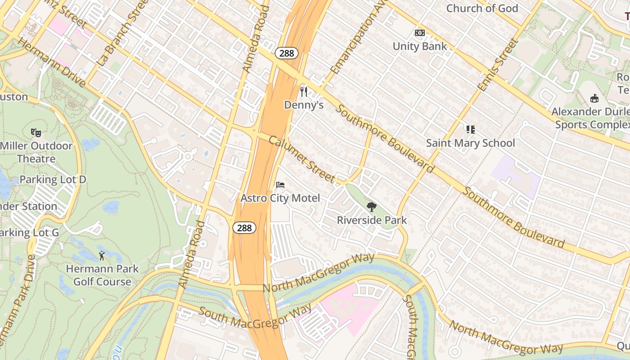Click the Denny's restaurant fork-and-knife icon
click(304, 92)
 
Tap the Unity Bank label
click(420, 46)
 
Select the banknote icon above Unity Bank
click(420, 33)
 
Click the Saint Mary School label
click(470, 143)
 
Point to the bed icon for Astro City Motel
click(280, 185)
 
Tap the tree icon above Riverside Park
click(372, 207)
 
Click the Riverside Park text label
click(372, 220)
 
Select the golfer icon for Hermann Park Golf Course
click(102, 256)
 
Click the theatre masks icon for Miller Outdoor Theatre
click(36, 132)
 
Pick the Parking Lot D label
click(53, 180)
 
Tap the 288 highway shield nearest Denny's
click(286, 53)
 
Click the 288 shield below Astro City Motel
click(244, 228)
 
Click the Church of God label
click(482, 8)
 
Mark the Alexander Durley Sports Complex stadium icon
click(594, 98)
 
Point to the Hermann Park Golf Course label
click(102, 275)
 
